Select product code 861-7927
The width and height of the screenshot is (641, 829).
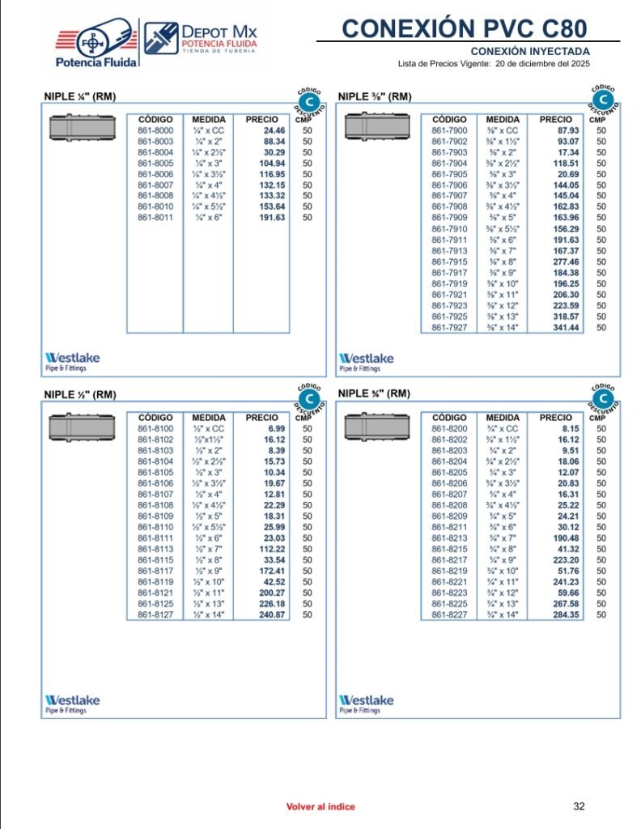point(449,328)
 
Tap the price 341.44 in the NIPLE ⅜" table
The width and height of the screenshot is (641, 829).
point(566,328)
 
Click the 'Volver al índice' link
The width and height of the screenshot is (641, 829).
point(320,806)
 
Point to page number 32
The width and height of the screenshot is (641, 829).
point(579,806)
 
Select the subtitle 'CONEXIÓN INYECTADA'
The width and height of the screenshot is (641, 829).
point(530,51)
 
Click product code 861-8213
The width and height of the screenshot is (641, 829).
point(449,538)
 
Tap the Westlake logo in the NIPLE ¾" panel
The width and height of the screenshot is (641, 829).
point(367,703)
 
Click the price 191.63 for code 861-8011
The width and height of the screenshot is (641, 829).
point(272,218)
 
